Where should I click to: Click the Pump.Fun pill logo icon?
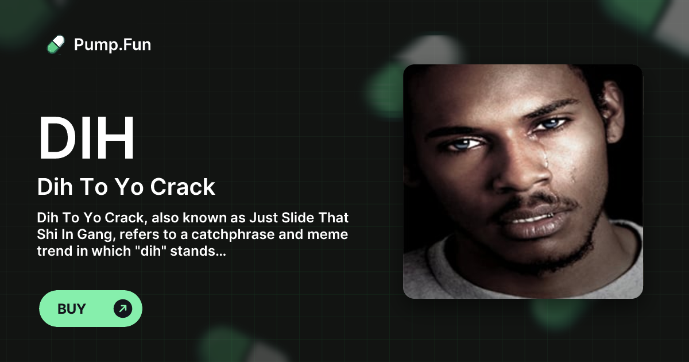point(56,45)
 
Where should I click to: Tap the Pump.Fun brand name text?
point(113,45)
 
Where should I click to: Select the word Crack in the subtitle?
point(183,187)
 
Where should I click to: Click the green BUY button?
point(91,309)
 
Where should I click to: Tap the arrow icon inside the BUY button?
point(123,309)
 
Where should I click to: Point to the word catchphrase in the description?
point(233,234)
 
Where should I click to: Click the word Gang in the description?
point(96,234)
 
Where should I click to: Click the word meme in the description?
point(328,234)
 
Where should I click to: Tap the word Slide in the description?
point(298,218)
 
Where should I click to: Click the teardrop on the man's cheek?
point(546,161)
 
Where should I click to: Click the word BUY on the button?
point(72,309)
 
